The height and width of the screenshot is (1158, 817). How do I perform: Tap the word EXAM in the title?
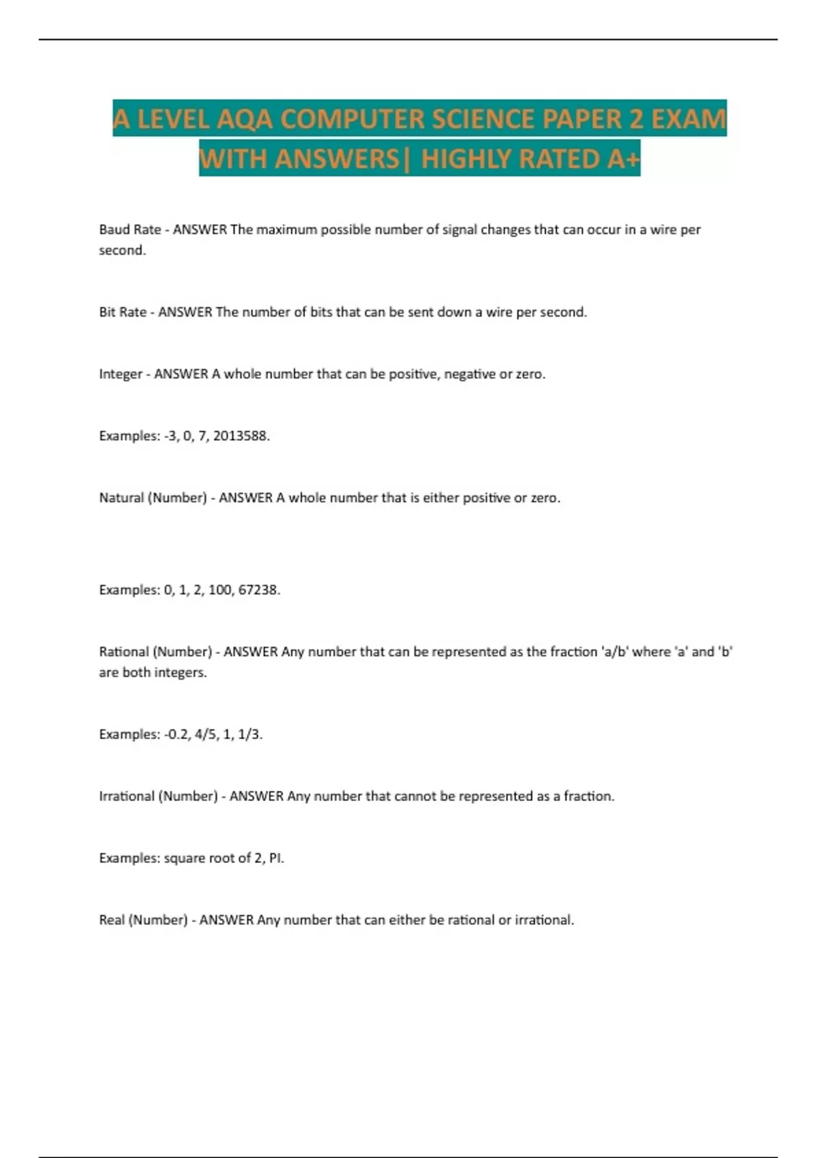688,119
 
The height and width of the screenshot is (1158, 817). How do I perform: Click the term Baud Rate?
130,230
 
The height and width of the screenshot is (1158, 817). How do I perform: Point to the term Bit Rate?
123,312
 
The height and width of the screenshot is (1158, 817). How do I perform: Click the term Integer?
121,374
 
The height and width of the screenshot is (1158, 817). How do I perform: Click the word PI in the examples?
276,858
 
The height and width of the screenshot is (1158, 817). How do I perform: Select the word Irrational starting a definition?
127,796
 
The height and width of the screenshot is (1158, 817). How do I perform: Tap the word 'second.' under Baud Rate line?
123,250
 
